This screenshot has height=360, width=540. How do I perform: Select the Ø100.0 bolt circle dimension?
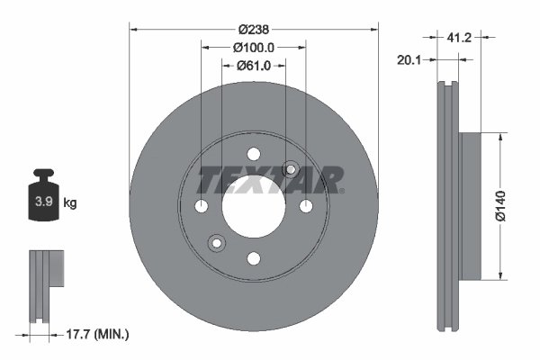(253, 47)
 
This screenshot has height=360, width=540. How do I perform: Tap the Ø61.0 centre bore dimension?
(255, 65)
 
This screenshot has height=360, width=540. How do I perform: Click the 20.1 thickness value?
(410, 59)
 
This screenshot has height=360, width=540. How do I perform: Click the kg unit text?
(70, 202)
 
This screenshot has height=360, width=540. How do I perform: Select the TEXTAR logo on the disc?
(271, 180)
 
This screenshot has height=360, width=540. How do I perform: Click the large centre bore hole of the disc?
(253, 206)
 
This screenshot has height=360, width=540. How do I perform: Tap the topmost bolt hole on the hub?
(253, 154)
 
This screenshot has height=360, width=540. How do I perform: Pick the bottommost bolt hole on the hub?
(253, 258)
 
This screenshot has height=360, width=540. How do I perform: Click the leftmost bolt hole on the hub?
(202, 207)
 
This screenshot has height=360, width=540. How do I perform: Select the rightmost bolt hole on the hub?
(305, 207)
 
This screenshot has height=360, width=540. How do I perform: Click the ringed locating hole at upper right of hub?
(291, 168)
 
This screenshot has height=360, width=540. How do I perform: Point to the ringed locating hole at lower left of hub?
(216, 243)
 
